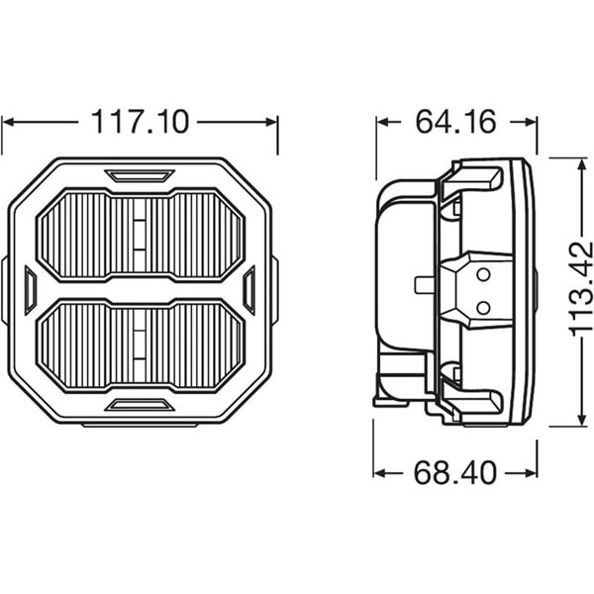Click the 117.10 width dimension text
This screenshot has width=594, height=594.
(x=140, y=122)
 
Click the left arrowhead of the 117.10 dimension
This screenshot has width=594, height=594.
(x=8, y=122)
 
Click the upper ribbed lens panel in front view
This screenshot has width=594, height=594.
(x=140, y=235)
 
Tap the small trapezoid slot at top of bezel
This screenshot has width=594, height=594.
(x=140, y=176)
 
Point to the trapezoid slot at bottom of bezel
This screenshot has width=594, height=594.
(x=140, y=404)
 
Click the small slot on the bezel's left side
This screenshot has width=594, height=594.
(x=30, y=290)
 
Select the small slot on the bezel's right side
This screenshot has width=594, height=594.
(x=249, y=290)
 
